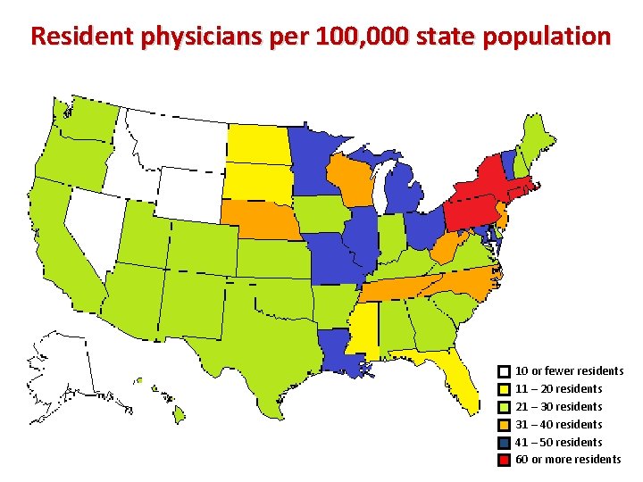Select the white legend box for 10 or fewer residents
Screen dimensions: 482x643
pos(505,371)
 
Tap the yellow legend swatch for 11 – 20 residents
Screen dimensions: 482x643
pos(505,389)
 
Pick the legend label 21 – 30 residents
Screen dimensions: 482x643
pos(559,406)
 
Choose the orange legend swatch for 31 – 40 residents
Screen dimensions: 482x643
pos(505,425)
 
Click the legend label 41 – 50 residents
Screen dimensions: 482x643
pos(559,442)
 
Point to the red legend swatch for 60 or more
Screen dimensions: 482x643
pos(505,460)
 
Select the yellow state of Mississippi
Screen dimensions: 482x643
pos(362,330)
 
